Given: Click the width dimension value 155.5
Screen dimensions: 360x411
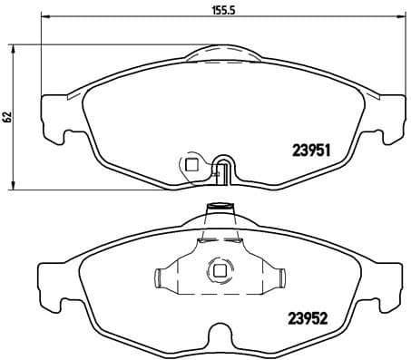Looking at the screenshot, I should coord(217,13).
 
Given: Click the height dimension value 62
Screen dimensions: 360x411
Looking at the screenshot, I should coord(7,116).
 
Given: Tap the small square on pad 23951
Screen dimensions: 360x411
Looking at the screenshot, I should coord(191,164).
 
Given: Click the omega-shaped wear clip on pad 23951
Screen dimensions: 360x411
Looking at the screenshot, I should coord(224,169).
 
